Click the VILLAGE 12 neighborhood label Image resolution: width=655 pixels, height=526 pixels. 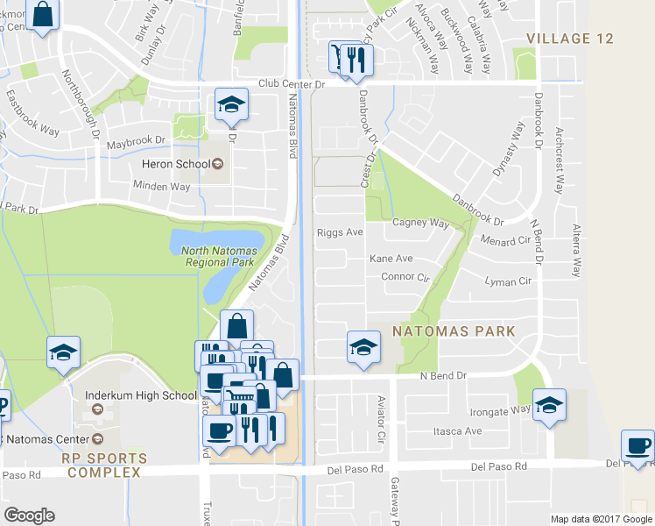click(x=569, y=39)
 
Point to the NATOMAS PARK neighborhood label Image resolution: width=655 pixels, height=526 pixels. click(x=452, y=332)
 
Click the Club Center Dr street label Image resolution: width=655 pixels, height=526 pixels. click(x=292, y=84)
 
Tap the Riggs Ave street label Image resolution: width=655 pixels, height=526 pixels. click(x=340, y=232)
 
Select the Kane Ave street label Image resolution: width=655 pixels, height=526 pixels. click(x=391, y=259)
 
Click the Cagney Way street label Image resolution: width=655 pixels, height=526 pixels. click(x=420, y=223)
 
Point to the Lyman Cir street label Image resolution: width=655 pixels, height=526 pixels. click(x=508, y=281)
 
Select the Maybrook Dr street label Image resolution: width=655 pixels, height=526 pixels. click(x=136, y=140)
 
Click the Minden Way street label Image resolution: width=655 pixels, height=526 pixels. click(x=161, y=186)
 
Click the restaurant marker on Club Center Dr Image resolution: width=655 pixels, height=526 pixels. click(x=357, y=60)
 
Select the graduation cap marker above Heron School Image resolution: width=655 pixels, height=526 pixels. click(x=231, y=104)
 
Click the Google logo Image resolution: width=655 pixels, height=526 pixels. click(x=29, y=515)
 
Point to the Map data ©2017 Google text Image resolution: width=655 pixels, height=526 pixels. click(x=600, y=519)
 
